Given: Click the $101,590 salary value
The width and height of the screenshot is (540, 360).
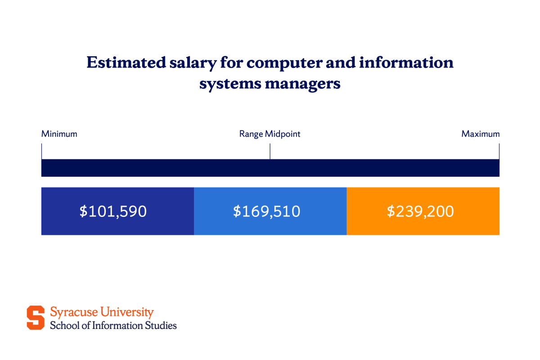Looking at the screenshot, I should click(x=113, y=211).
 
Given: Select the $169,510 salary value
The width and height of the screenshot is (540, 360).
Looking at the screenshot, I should click(x=266, y=211).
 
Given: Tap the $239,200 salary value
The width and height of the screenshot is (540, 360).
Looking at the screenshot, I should click(x=420, y=211).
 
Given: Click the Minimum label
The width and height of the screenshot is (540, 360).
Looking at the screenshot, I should click(x=59, y=134).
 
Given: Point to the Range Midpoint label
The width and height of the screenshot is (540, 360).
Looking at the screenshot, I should click(x=270, y=134).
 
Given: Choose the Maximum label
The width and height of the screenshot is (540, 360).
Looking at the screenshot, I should click(x=481, y=134).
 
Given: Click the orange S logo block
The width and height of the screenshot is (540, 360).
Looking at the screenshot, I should click(x=36, y=318).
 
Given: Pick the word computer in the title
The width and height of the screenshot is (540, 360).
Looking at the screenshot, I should click(x=288, y=63).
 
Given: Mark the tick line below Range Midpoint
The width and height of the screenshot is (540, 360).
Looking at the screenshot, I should click(x=270, y=151).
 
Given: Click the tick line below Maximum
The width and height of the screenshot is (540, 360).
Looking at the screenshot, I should click(x=499, y=151).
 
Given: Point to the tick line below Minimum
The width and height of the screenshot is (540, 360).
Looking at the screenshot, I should click(x=41, y=151).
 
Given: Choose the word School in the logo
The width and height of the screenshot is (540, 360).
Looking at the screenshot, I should click(x=63, y=325).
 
